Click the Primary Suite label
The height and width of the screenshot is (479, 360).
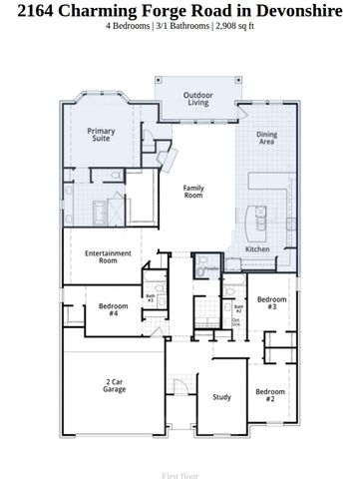[x=101, y=136]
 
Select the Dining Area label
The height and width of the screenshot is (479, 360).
[x=267, y=139]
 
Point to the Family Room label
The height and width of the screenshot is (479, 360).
[x=192, y=192]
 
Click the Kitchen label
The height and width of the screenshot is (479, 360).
[x=257, y=248]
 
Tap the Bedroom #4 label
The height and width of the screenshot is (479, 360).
[x=114, y=309]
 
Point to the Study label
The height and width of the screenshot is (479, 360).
[x=221, y=397]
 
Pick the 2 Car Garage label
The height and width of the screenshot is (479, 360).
[x=116, y=386]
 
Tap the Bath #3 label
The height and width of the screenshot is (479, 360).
[x=151, y=297]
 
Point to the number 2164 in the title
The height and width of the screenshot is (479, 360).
[x=29, y=11]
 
